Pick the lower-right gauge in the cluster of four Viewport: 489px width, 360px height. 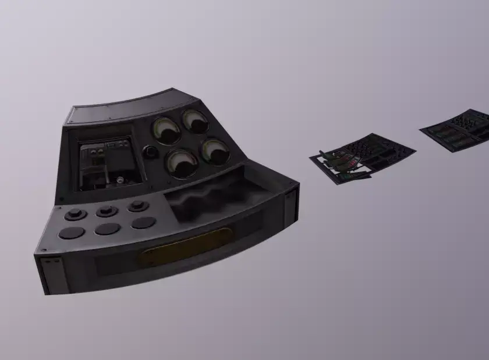[215, 151]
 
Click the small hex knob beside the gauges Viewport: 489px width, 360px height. [150, 152]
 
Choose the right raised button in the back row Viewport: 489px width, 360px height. [138, 206]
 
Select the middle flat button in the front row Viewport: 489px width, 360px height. [108, 229]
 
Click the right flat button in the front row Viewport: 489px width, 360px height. [143, 223]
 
